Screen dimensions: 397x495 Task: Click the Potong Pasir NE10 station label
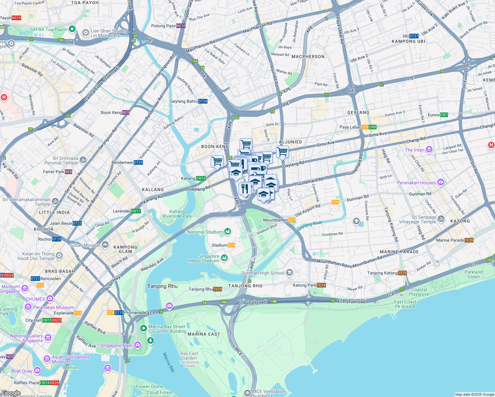(x=168, y=26)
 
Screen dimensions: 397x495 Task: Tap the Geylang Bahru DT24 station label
(x=189, y=101)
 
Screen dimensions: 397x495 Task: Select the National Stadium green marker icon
(x=228, y=232)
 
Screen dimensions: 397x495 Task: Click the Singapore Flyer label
(x=116, y=345)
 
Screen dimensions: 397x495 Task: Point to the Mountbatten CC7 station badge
(x=292, y=220)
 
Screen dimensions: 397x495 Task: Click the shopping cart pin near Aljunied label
(x=282, y=152)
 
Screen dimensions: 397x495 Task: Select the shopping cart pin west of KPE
(x=217, y=161)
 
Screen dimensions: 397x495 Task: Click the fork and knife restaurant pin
(x=245, y=189)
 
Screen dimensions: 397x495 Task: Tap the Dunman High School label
(x=263, y=273)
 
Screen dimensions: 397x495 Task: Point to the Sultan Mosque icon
(x=105, y=245)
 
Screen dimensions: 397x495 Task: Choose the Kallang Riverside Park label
(x=177, y=214)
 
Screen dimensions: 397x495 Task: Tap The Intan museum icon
(x=429, y=150)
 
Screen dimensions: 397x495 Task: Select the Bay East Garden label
(x=189, y=356)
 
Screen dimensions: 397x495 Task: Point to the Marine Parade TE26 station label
(x=455, y=240)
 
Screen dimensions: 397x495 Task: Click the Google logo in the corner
(x=11, y=393)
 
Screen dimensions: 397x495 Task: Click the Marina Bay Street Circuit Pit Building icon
(x=143, y=328)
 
